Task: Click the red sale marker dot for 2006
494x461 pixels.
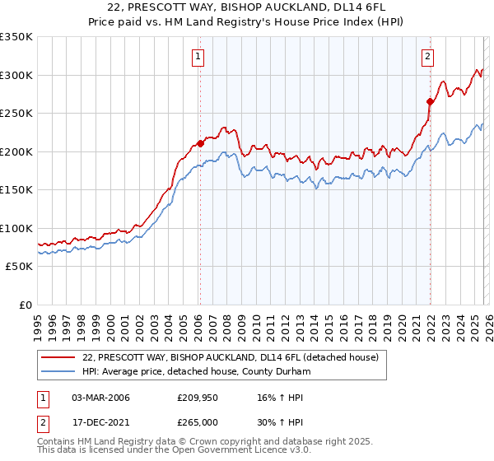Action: tap(200, 143)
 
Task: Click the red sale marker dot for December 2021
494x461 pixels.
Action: tap(430, 101)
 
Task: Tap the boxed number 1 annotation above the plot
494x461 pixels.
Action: tap(199, 57)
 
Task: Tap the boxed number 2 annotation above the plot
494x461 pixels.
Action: tap(429, 57)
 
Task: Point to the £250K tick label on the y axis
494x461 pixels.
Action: tap(16, 114)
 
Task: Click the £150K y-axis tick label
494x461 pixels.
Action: tap(16, 190)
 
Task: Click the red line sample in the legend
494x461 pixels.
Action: tap(59, 357)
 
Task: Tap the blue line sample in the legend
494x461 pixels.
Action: tap(59, 371)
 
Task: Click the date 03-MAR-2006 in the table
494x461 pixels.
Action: tap(100, 398)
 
